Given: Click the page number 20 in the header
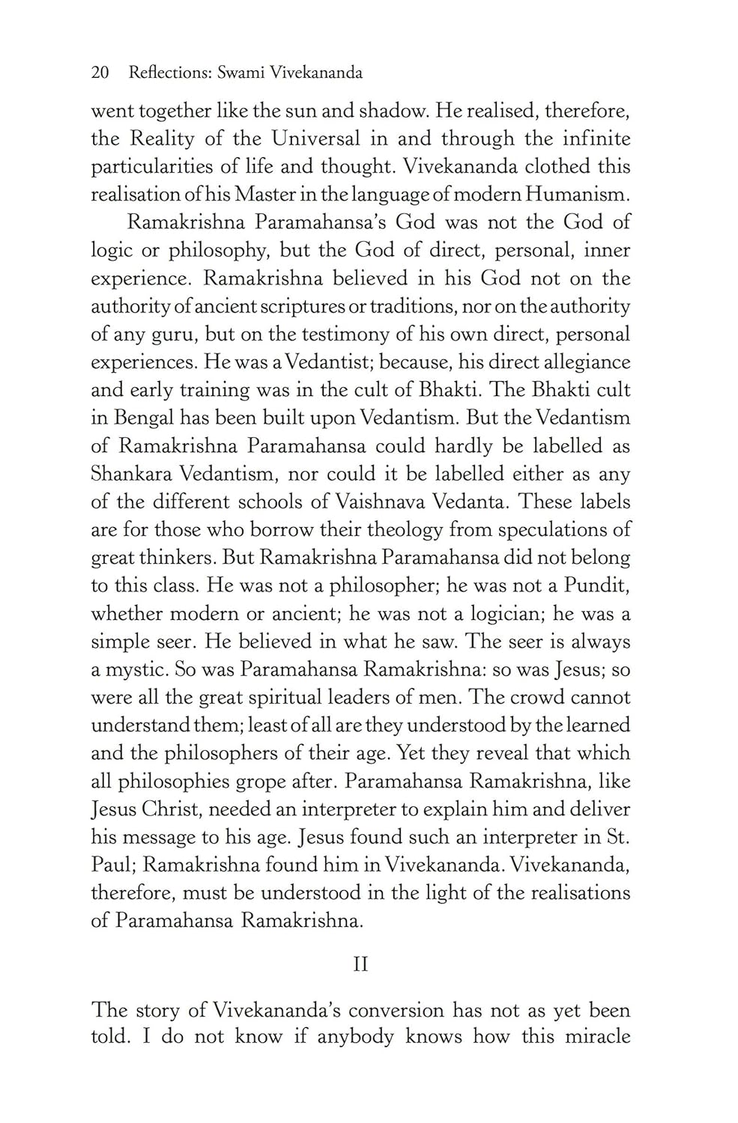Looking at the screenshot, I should (100, 73).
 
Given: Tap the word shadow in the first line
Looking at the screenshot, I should (393, 112).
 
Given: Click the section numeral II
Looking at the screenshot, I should (360, 964).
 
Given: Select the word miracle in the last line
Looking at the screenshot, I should (593, 1037).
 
